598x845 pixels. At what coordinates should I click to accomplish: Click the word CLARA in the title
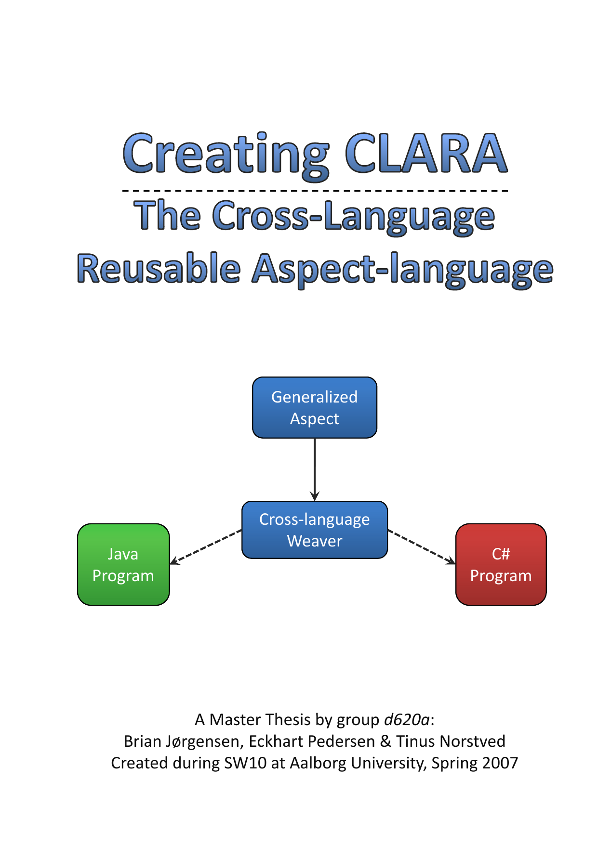(425, 154)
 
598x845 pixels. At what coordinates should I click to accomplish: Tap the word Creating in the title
(226, 155)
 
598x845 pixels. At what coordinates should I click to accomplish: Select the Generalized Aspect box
(314, 407)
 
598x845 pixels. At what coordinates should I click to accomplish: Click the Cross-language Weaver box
(314, 530)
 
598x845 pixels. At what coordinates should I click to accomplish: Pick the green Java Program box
(123, 564)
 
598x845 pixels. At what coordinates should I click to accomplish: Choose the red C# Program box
(501, 564)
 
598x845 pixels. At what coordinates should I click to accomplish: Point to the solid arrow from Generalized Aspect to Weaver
(315, 469)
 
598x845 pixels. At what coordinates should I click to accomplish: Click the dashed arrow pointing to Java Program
(206, 547)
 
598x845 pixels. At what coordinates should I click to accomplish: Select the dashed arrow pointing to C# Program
(422, 546)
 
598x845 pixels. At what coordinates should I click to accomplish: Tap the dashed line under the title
(315, 191)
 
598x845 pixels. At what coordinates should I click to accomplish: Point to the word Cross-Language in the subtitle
(354, 216)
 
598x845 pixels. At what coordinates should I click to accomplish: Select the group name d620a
(406, 719)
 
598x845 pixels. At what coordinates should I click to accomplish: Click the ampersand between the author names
(385, 741)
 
